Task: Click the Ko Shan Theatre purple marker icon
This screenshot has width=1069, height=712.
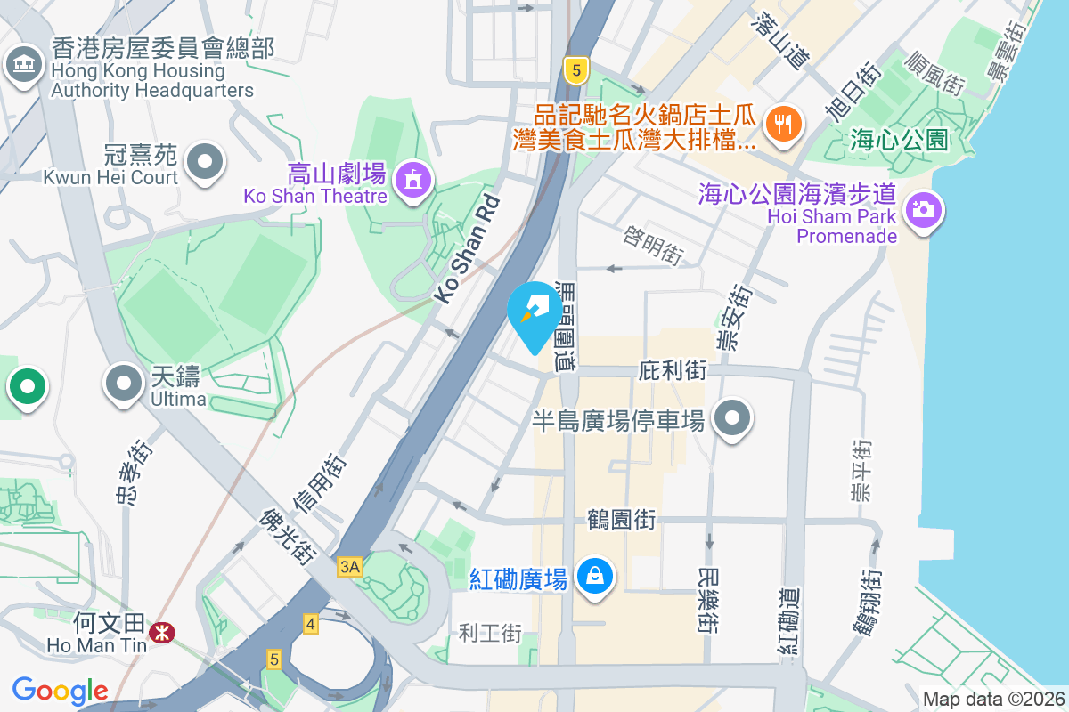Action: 412,180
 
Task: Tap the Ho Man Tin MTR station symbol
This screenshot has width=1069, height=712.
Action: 162,632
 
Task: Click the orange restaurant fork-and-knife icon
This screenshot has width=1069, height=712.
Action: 784,124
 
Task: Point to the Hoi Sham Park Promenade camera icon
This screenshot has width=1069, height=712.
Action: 924,210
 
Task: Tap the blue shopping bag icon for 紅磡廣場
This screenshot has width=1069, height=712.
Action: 594,576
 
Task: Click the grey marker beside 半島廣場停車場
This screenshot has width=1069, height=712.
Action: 732,417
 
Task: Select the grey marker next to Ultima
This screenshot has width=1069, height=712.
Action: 125,384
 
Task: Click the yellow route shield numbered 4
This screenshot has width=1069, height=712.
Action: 310,623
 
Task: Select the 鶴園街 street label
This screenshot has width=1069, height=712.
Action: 622,518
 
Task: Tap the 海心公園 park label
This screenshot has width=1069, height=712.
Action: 899,140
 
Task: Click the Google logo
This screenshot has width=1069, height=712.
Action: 60,691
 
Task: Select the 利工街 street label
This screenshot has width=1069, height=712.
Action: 490,634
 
